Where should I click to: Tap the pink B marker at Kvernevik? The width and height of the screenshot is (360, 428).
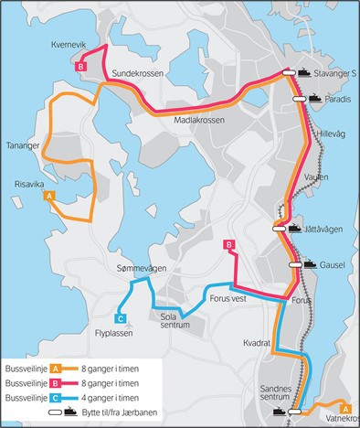(x=81, y=66)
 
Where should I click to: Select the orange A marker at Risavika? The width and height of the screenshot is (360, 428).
(x=49, y=195)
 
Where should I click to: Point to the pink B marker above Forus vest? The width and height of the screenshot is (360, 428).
(x=229, y=244)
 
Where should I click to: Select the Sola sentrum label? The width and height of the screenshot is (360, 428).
(x=175, y=321)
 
